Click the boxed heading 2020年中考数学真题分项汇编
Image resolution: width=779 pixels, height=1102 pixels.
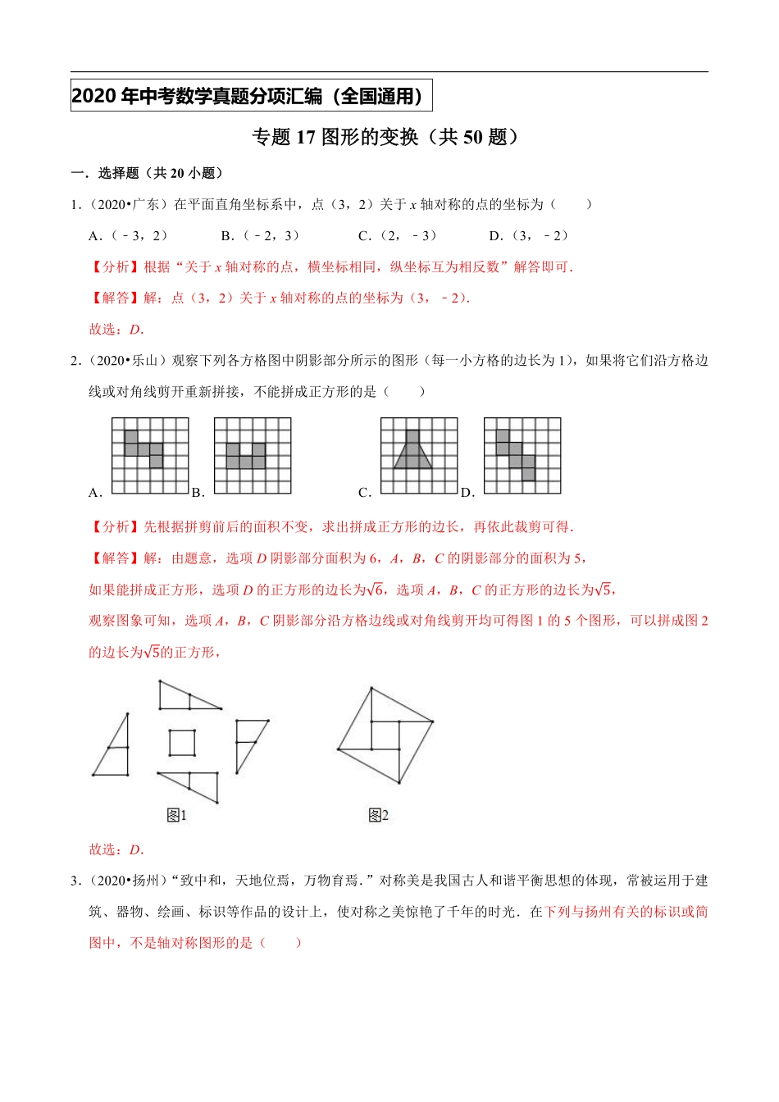tap(250, 96)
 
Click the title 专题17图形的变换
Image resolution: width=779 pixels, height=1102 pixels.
tap(386, 137)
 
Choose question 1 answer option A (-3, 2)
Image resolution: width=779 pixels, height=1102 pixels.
tap(129, 236)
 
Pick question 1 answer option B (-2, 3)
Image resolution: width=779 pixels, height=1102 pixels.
tap(261, 236)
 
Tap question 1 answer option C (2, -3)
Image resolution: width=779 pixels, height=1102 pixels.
tap(398, 236)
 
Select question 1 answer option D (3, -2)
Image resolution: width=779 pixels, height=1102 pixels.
tap(529, 236)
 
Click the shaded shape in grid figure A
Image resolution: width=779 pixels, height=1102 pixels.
tap(143, 448)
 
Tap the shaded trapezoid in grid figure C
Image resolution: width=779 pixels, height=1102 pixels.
tap(412, 455)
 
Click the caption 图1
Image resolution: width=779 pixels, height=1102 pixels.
tap(176, 815)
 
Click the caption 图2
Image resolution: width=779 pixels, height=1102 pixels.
tap(378, 815)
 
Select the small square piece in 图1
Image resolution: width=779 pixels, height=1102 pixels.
tap(182, 743)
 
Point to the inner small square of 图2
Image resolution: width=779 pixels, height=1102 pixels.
tap(385, 735)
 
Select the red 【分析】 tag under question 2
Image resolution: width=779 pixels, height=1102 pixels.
tap(116, 527)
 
